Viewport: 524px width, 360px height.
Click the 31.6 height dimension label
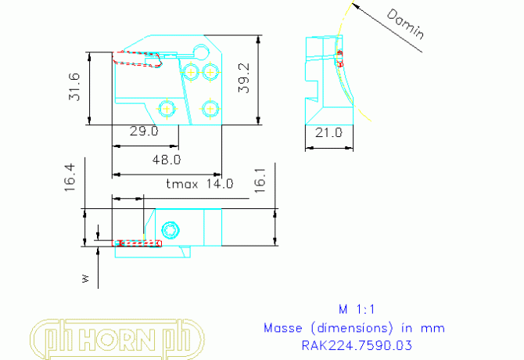(x=75, y=88)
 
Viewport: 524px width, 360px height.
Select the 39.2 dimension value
(x=245, y=78)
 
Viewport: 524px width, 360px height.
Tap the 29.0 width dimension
(x=144, y=131)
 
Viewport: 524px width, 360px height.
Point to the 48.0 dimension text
(x=166, y=159)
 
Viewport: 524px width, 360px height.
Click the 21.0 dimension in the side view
(x=328, y=133)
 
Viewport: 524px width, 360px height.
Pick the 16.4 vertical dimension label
(x=70, y=178)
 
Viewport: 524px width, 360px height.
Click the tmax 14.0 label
(x=200, y=185)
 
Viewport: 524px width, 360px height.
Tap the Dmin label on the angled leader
(x=406, y=23)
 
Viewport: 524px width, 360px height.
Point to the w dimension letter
(x=86, y=277)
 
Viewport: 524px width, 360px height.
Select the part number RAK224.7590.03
(x=356, y=344)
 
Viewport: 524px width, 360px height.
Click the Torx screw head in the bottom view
(x=171, y=230)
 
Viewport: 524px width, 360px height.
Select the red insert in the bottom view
(x=138, y=243)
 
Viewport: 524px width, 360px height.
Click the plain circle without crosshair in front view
(x=201, y=52)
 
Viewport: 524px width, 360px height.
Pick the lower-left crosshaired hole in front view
(x=166, y=106)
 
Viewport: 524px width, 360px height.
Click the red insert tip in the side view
(x=340, y=55)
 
